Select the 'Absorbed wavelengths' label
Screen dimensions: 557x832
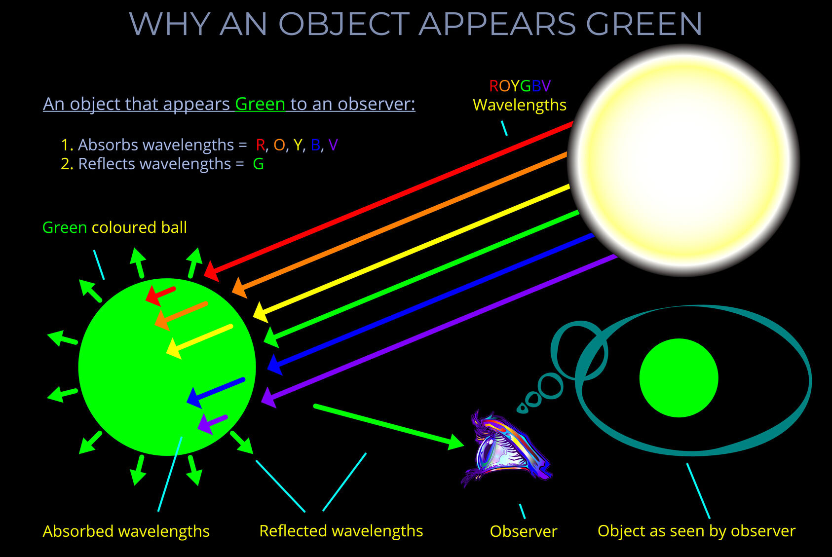pyautogui.click(x=126, y=531)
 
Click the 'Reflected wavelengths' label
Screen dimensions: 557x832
pyautogui.click(x=341, y=531)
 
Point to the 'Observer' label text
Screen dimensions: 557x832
pyautogui.click(x=523, y=531)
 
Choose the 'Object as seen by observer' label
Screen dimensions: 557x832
pyautogui.click(x=696, y=531)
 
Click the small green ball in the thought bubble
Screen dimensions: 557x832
pyautogui.click(x=679, y=378)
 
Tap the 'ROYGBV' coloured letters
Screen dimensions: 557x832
pyautogui.click(x=519, y=86)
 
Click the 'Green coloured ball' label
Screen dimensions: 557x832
pyautogui.click(x=114, y=227)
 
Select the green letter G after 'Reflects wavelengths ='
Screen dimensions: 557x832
pyautogui.click(x=258, y=164)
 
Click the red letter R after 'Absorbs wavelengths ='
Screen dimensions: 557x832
pyautogui.click(x=260, y=145)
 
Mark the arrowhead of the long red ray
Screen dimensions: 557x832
pyautogui.click(x=211, y=271)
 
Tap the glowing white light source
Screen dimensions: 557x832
pyautogui.click(x=683, y=160)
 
